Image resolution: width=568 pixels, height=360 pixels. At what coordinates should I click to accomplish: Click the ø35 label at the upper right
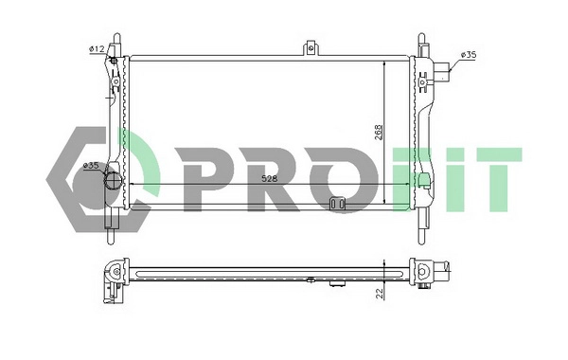pyautogui.click(x=468, y=55)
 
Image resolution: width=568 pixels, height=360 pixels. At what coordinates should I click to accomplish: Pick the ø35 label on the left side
pyautogui.click(x=92, y=166)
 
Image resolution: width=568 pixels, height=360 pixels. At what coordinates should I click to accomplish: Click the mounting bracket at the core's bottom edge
pyautogui.click(x=337, y=203)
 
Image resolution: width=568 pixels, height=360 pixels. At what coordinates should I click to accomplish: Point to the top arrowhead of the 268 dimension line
pyautogui.click(x=383, y=62)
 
